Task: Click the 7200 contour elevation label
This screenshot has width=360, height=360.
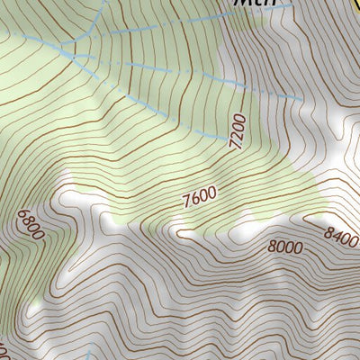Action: [x=238, y=132]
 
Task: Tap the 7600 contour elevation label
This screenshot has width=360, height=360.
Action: [x=198, y=196]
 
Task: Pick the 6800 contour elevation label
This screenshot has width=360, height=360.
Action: [x=30, y=225]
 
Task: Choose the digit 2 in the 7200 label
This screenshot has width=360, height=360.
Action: [x=238, y=134]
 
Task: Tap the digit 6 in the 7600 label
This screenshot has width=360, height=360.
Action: [x=193, y=198]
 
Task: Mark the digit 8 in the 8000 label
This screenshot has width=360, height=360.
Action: [x=272, y=248]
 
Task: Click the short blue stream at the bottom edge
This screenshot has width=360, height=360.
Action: [x=93, y=355]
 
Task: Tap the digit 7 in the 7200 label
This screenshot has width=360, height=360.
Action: [x=239, y=144]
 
